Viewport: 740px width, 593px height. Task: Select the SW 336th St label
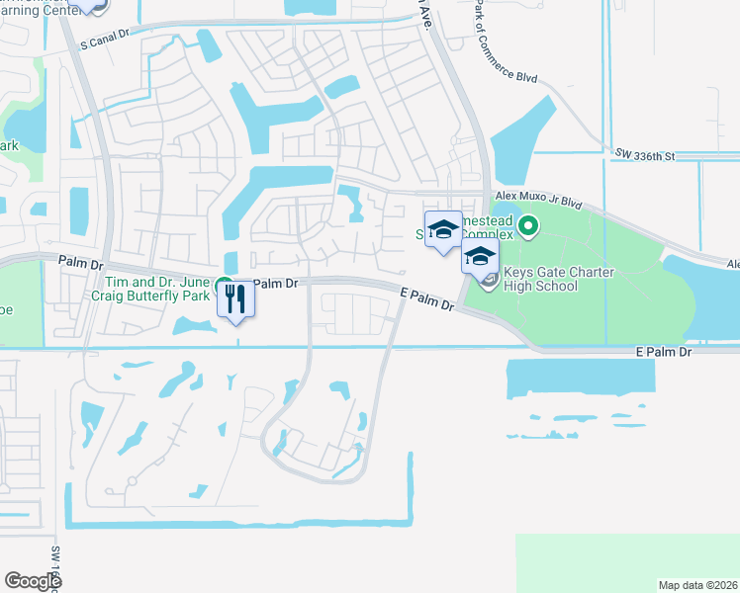(643, 154)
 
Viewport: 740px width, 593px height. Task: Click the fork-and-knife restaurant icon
(235, 297)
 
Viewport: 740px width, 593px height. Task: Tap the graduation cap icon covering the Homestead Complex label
(443, 228)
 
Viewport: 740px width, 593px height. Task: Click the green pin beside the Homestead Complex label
(528, 228)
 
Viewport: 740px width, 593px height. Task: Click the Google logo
(32, 581)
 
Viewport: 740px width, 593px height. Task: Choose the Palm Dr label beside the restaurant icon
(275, 284)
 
